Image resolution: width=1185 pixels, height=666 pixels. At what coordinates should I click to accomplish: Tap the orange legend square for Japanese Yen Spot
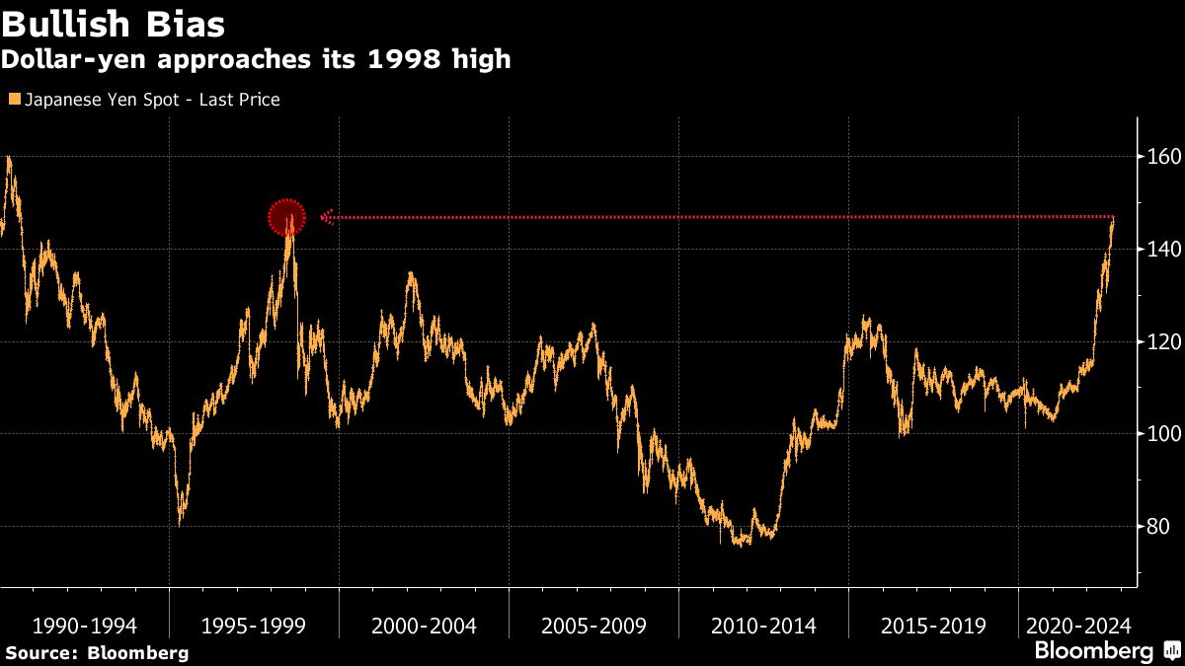pos(13,100)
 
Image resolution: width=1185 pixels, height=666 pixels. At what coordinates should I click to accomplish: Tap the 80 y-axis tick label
pos(1158,527)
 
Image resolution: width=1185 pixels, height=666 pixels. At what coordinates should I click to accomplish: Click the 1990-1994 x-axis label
pos(85,626)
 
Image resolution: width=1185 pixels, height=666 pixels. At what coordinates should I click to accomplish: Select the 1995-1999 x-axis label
pos(255,626)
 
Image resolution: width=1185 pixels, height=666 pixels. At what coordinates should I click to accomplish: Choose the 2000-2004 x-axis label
pos(425,626)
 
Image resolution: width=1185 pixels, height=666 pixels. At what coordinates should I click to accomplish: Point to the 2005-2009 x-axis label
pos(594,626)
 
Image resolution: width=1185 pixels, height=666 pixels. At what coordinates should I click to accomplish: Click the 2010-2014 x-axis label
pos(764,626)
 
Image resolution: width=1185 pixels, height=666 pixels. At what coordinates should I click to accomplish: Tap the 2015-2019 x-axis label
pos(933,626)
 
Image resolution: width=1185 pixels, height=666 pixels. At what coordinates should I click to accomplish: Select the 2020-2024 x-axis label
pos(1077,626)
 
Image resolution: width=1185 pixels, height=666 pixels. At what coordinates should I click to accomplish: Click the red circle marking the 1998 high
pos(287,217)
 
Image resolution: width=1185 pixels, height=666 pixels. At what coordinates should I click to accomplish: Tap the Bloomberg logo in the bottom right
pos(1093,651)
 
